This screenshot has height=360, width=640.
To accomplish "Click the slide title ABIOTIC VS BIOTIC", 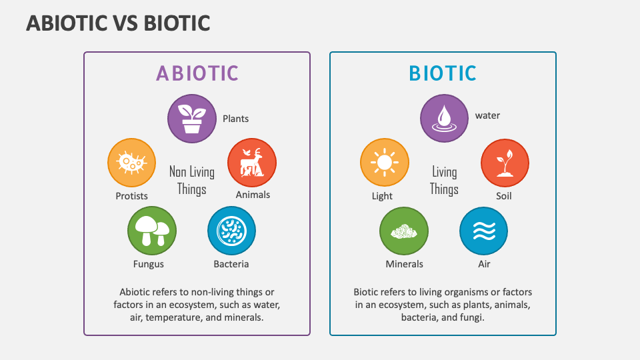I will pyautogui.click(x=118, y=23).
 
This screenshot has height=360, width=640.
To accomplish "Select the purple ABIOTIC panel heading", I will pyautogui.click(x=197, y=73).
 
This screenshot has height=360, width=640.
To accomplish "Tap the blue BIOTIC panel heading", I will pyautogui.click(x=443, y=73).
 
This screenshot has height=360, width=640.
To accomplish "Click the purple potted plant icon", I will pyautogui.click(x=192, y=119).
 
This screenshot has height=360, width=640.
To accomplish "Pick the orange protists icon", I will pyautogui.click(x=131, y=163).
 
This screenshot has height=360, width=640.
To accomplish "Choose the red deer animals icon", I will pyautogui.click(x=252, y=163).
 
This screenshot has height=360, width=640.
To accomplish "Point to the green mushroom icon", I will pyautogui.click(x=152, y=231).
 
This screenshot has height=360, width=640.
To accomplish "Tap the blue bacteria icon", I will pyautogui.click(x=232, y=231).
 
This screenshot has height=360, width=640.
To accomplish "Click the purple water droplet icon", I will pyautogui.click(x=444, y=119).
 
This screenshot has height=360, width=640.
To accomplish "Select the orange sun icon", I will pyautogui.click(x=384, y=163).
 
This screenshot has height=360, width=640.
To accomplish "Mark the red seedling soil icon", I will pyautogui.click(x=505, y=163).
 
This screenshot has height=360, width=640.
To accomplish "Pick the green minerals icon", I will pyautogui.click(x=404, y=231).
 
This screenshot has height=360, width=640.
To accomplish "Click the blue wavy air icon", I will pyautogui.click(x=483, y=231).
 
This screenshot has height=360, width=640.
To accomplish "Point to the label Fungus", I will pyautogui.click(x=148, y=264).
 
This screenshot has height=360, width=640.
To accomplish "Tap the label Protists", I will pyautogui.click(x=131, y=196).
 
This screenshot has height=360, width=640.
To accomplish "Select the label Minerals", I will pyautogui.click(x=404, y=264).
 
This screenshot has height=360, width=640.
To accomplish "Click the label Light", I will pyautogui.click(x=382, y=196).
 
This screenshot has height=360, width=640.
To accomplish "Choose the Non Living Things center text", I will pyautogui.click(x=192, y=180).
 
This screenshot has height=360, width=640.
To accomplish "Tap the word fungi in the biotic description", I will pyautogui.click(x=471, y=317).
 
